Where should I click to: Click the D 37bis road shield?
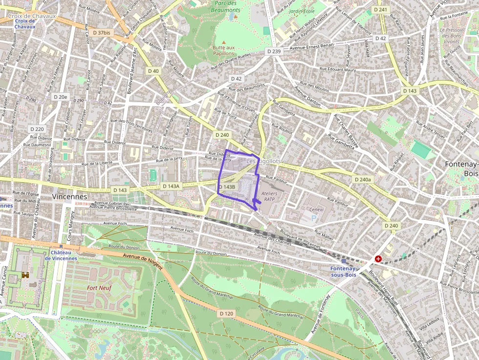[x=101, y=33]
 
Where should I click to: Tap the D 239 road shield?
[x=275, y=51]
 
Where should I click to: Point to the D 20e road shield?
[x=60, y=97]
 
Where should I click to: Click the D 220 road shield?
[x=37, y=129]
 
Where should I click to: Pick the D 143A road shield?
[x=171, y=186]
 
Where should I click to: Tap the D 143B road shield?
[x=227, y=187]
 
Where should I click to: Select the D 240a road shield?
[x=362, y=180]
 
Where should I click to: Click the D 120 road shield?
[x=226, y=313]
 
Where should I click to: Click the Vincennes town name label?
[x=69, y=196]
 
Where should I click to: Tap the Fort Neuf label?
[x=99, y=288]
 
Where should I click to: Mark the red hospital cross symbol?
[x=378, y=258]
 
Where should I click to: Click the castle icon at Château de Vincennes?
[x=25, y=275]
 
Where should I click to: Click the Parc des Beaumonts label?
[x=226, y=6]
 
